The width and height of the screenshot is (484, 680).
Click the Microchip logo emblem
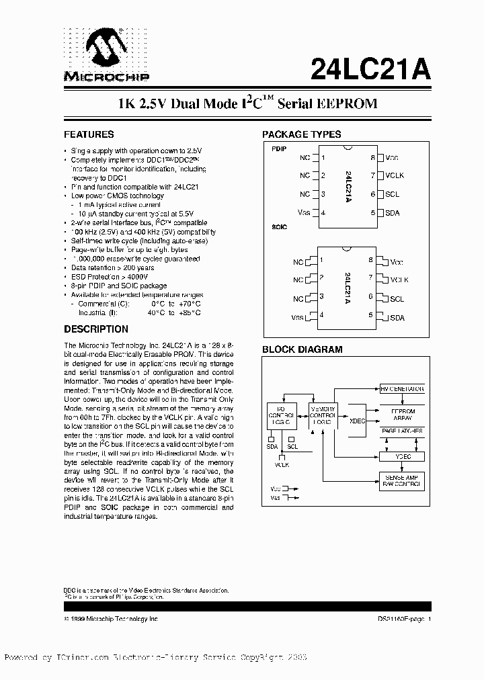[x=107, y=48]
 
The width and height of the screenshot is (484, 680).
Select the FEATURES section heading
[x=89, y=134]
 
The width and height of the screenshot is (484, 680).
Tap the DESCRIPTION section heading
[x=96, y=329]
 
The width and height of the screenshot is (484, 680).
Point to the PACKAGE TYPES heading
[x=301, y=134]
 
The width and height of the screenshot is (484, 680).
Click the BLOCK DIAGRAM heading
[x=302, y=349]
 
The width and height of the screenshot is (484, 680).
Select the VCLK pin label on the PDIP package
[x=395, y=175]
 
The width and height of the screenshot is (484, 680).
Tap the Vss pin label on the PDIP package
[x=304, y=212]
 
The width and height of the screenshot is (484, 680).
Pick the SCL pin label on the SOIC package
[x=397, y=298]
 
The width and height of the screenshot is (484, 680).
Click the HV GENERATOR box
[x=402, y=389]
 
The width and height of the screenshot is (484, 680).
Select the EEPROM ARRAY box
[x=403, y=414]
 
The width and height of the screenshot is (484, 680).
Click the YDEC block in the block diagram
[x=403, y=457]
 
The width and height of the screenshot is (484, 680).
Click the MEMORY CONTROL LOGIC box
[x=321, y=417]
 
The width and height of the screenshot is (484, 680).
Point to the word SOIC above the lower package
[x=279, y=227]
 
